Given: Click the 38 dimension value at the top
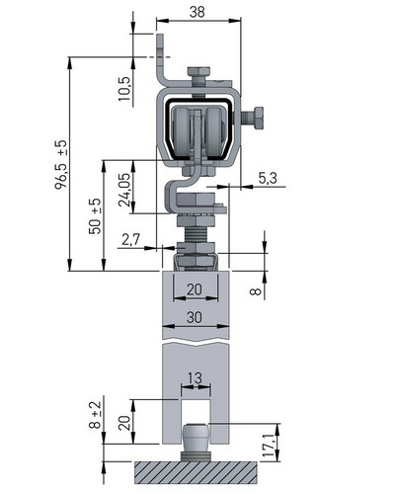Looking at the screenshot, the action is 198,12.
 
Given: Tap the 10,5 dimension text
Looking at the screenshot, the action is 124,89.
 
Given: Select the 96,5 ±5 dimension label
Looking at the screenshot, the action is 61,164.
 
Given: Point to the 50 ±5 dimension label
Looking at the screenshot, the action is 95,216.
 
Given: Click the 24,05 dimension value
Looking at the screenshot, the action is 124,190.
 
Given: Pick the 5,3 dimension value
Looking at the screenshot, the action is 268,178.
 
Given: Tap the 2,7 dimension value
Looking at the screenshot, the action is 131,239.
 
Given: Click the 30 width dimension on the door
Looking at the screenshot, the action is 195,317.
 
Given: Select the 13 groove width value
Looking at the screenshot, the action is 195,378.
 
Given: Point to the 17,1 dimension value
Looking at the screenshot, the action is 270,446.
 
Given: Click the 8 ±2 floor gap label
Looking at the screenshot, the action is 95,415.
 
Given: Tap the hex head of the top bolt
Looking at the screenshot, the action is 199,71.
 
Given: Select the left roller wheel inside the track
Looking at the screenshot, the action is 181,130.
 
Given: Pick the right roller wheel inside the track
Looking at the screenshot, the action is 215,130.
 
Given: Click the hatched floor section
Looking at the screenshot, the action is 196,472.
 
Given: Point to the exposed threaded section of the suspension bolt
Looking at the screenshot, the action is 196,234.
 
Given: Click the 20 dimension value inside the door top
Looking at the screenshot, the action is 195,289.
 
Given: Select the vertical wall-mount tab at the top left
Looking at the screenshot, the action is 160,56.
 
